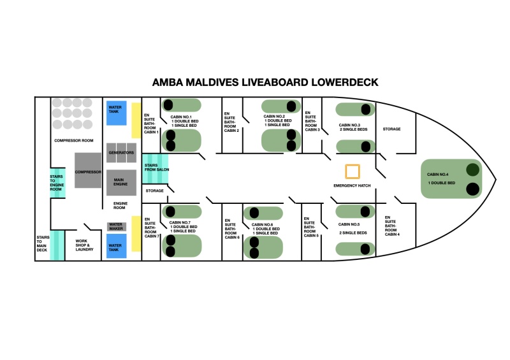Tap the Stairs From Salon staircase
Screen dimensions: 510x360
coord(155,169)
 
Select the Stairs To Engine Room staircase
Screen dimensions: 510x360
coord(57,183)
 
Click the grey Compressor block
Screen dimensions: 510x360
coord(88,170)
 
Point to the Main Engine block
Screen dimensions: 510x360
coord(121,182)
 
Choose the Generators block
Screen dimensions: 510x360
coord(121,152)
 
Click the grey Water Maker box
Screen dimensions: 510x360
coord(117,226)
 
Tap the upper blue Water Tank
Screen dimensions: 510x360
coord(117,113)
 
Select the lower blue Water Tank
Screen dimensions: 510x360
coord(117,246)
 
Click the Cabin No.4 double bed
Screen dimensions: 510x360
coord(451,178)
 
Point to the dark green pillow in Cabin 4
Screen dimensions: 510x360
coord(472,169)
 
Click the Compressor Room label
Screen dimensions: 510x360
coord(74,140)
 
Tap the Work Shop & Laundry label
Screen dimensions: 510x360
coord(84,245)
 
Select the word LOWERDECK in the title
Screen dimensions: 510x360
coord(345,82)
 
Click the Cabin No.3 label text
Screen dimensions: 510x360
coord(349,125)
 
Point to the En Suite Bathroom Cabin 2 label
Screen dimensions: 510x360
coord(231,122)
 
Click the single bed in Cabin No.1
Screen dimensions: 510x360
coord(182,105)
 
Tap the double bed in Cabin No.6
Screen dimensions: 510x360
coord(263,247)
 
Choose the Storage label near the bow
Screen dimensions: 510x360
coord(391,129)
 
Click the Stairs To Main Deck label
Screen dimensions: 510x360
coord(43,243)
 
